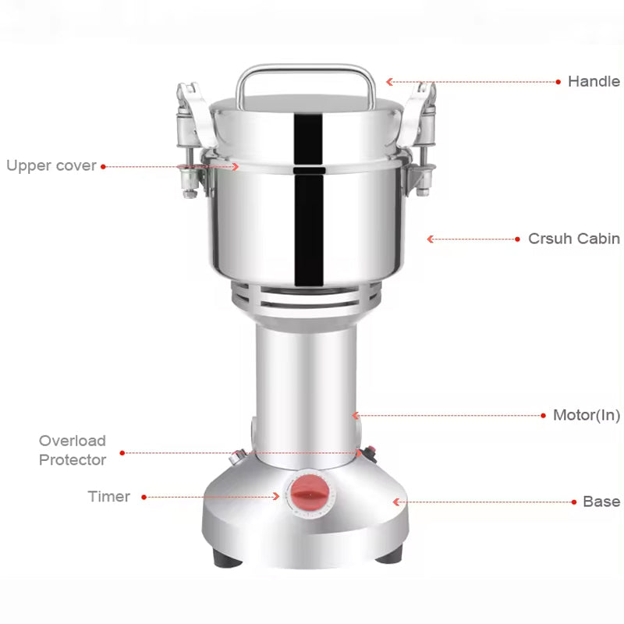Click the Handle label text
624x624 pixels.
point(593,81)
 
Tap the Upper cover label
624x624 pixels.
point(51,165)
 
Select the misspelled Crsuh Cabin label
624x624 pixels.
point(574,239)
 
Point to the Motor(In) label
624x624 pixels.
point(587,415)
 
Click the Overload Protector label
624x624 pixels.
point(73,450)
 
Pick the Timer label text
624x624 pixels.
point(108,496)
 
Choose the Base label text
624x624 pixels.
point(601,502)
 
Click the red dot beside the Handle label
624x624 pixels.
point(558,81)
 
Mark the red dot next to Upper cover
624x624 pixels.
point(103,166)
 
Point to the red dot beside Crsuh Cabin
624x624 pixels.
point(517,239)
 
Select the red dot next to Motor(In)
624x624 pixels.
point(543,416)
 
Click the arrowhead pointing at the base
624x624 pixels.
point(396,502)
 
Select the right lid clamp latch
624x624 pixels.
point(424,133)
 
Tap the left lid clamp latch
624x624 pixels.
point(187,133)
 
